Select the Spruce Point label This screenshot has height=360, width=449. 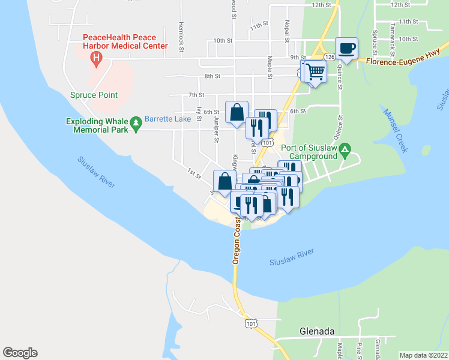[94, 95]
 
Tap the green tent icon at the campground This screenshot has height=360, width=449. [345, 148]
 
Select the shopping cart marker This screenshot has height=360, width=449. [315, 71]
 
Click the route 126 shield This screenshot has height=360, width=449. [330, 56]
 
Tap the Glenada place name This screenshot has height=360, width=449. [316, 331]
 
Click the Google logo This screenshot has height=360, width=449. [20, 353]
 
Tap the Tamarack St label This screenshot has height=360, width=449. [393, 35]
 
